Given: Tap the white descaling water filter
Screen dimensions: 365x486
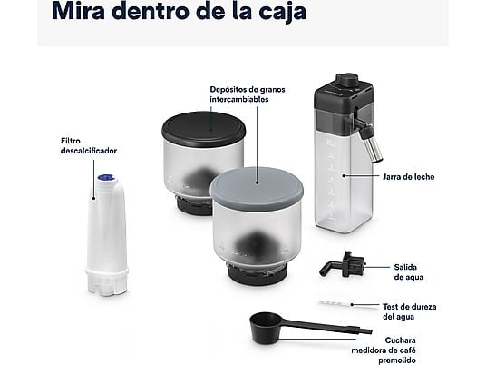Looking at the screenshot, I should coord(105,232).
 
